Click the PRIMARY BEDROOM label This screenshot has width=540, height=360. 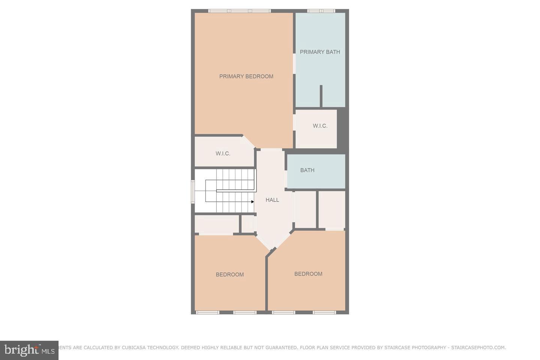[246, 76]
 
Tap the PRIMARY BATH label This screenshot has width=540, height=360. [320, 52]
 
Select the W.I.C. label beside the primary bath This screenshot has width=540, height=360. [320, 126]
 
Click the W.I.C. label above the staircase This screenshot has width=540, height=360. [223, 154]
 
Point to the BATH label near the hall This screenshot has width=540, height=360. [307, 170]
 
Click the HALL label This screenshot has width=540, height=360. [272, 200]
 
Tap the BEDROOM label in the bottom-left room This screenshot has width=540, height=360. [229, 274]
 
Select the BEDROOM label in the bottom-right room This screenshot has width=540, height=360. [308, 274]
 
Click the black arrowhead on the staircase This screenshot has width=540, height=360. [252, 202]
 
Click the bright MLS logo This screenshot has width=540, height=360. [29, 350]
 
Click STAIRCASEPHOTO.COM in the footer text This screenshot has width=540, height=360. [478, 348]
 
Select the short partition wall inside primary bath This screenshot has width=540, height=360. [321, 96]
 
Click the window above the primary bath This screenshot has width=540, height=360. [321, 11]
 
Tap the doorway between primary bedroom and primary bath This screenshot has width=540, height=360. [294, 63]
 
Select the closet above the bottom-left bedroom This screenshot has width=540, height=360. [216, 224]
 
